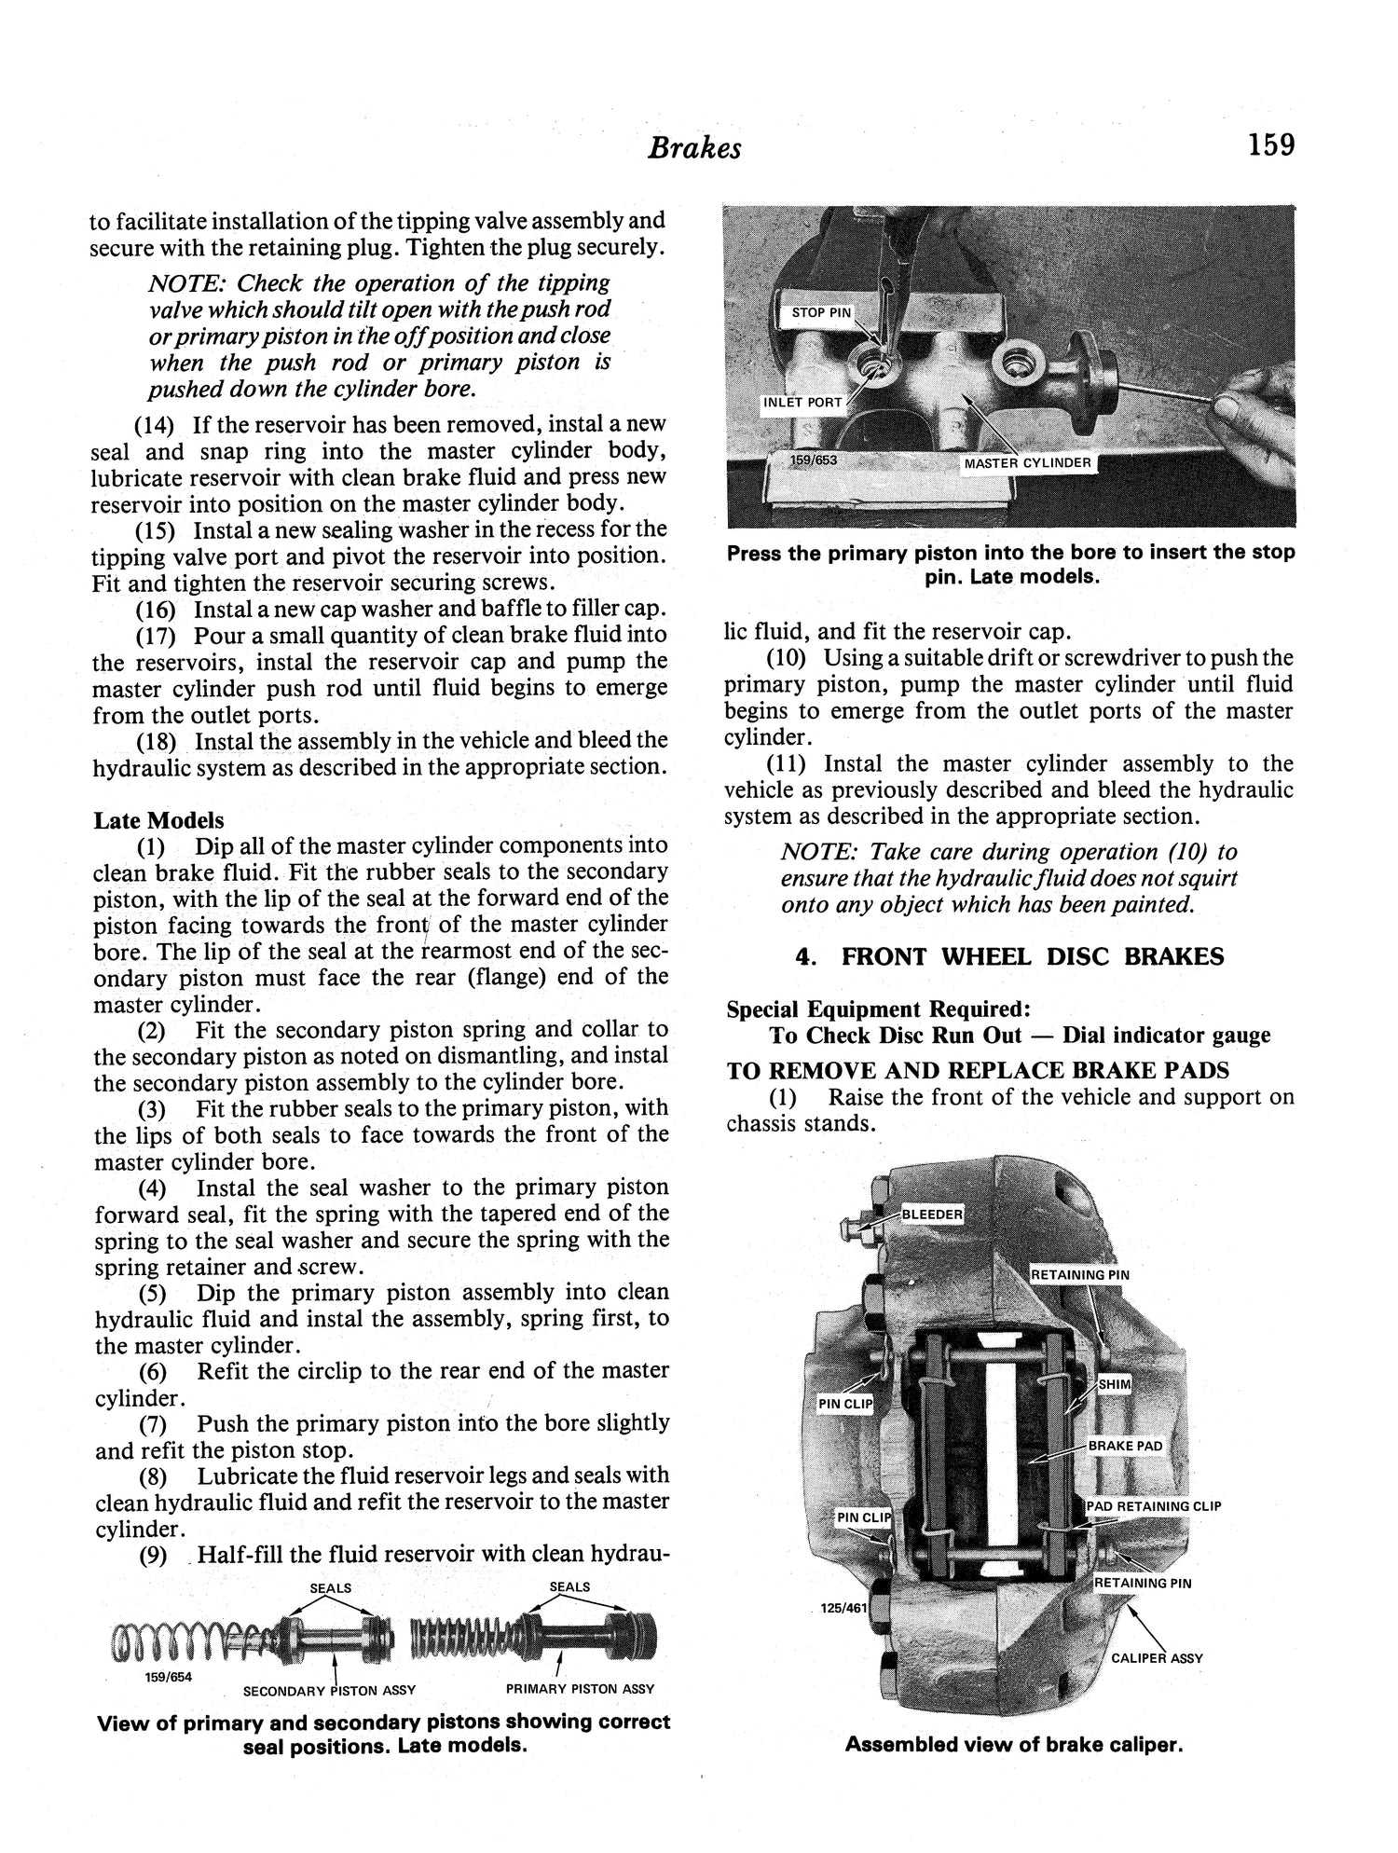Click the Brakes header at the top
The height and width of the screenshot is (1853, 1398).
click(x=694, y=148)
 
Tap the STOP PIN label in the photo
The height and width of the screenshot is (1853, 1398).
click(x=821, y=313)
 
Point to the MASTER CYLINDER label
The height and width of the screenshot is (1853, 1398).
click(x=1027, y=463)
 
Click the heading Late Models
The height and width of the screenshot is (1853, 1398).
click(x=158, y=820)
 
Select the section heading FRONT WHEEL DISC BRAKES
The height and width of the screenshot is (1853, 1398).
click(x=1033, y=957)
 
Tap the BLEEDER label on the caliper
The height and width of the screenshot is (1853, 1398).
click(x=932, y=1215)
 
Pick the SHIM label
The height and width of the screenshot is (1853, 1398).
click(x=1114, y=1384)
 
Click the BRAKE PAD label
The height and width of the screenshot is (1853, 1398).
click(x=1125, y=1446)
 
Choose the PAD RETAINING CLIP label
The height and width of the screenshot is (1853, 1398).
click(x=1154, y=1505)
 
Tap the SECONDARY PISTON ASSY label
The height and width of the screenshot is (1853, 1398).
click(x=329, y=1690)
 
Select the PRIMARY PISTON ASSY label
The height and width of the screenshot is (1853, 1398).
click(x=580, y=1688)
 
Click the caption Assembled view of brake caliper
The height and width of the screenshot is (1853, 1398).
click(x=1013, y=1744)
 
